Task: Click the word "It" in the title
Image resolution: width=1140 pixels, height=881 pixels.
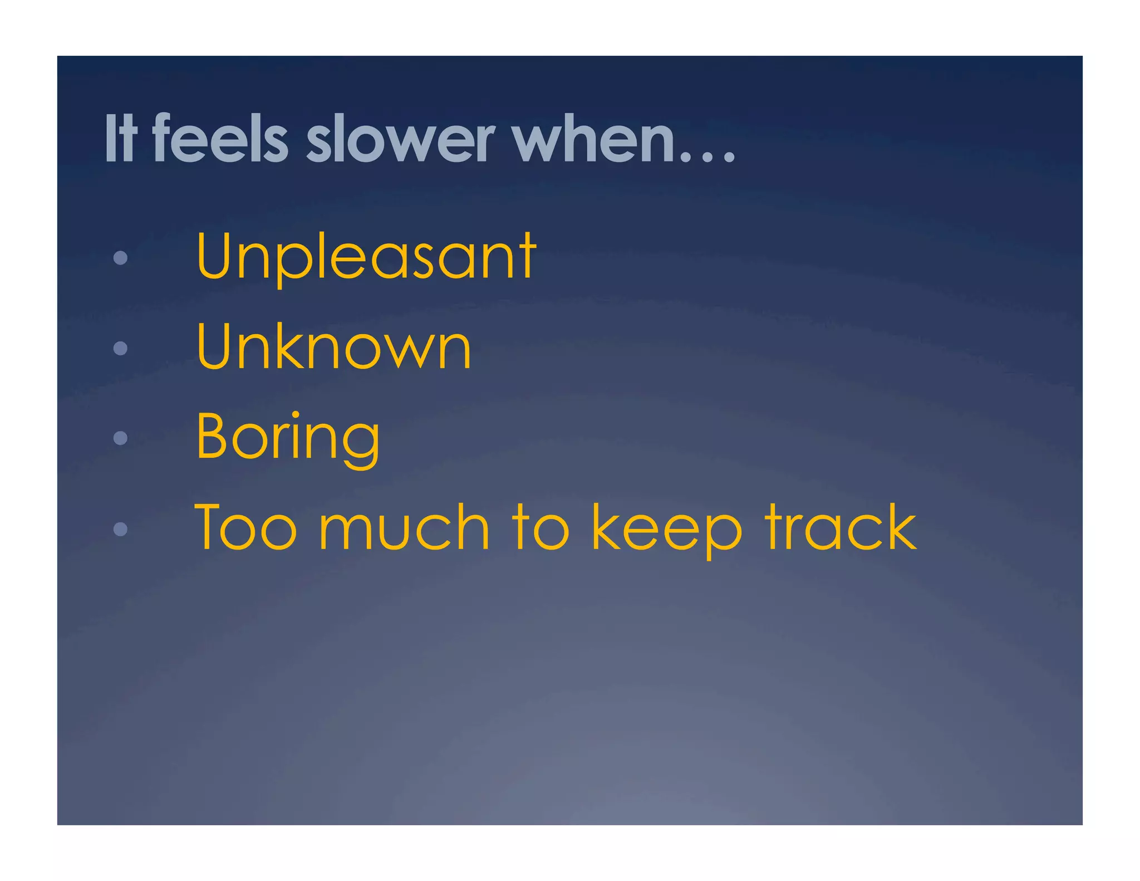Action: click(120, 138)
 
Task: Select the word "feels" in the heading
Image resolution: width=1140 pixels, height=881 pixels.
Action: click(220, 138)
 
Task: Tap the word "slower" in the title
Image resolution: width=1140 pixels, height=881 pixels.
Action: click(400, 139)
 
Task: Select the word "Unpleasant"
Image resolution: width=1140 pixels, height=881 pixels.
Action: click(366, 257)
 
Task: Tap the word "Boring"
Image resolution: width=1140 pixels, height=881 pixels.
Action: click(288, 438)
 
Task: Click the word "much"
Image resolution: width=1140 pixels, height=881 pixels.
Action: click(404, 528)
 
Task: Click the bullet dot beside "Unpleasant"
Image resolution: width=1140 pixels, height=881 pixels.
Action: click(120, 258)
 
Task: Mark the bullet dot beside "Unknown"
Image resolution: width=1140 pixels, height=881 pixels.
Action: click(120, 348)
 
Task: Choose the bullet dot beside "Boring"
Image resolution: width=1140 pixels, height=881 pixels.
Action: click(120, 438)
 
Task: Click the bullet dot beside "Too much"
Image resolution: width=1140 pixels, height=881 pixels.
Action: click(120, 528)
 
